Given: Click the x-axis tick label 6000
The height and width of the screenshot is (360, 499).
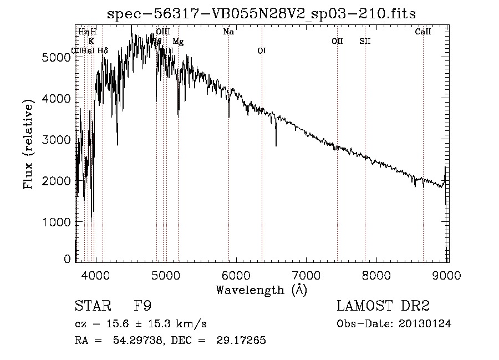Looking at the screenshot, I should point(237,276).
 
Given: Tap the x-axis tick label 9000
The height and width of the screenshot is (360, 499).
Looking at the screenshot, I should point(447,276).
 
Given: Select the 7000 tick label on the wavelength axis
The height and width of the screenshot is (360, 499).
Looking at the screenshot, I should point(307,276).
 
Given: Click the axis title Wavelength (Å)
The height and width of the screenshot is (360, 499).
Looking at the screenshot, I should point(261,290).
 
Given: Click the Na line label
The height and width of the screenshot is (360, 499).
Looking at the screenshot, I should point(228,32).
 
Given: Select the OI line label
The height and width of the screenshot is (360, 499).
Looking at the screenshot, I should point(262,51).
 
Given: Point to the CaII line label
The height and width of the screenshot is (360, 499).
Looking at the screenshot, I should point(423,32).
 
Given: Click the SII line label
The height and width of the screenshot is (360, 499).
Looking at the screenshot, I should point(365,41).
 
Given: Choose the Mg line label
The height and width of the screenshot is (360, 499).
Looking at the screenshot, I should point(178,41).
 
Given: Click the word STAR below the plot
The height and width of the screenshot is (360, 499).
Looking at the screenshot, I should point(90,306).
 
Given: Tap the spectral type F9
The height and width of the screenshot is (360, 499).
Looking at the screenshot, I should point(143,306).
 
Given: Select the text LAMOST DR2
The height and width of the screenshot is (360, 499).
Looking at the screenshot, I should point(383,306).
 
